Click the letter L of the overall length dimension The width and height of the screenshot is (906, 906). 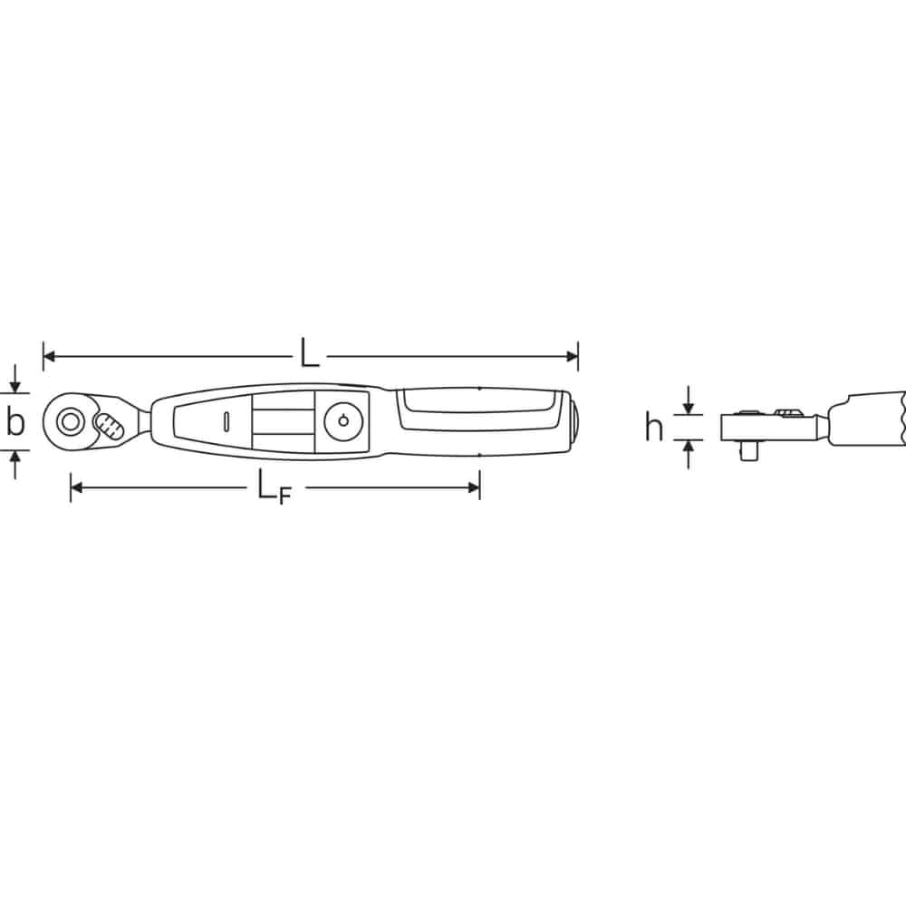(309, 352)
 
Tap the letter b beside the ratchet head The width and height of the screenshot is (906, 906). (15, 421)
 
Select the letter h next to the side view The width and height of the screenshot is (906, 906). (653, 427)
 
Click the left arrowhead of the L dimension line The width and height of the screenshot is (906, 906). (49, 356)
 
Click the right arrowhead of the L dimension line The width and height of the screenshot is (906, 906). (572, 356)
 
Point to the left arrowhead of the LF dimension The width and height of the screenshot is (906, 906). (76, 488)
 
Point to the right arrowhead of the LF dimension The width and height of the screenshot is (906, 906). (474, 488)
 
